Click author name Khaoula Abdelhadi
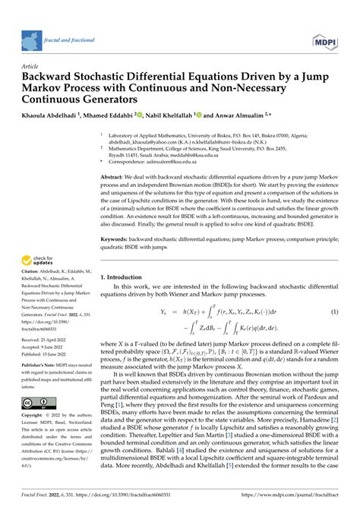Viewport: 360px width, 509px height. [50, 114]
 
